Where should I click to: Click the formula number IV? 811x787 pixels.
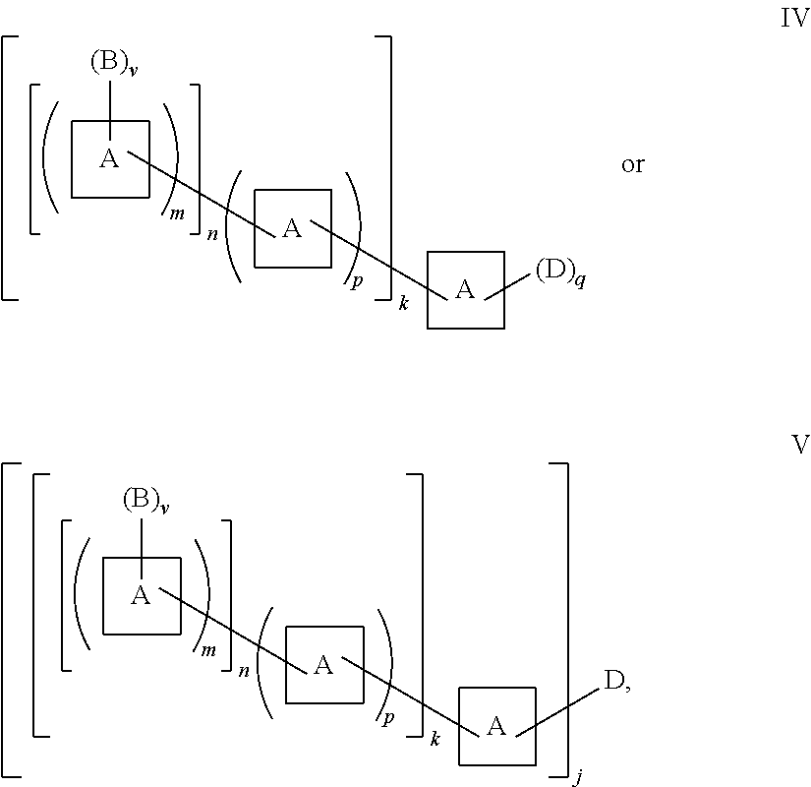click(793, 20)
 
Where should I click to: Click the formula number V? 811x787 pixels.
click(799, 445)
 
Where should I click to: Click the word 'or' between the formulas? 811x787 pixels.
click(632, 165)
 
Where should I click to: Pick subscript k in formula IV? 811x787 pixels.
click(403, 303)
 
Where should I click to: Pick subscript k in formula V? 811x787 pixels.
click(434, 739)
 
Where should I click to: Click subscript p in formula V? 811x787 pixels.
click(388, 716)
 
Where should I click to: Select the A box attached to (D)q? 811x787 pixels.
click(465, 289)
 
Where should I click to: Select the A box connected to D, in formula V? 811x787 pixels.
click(496, 726)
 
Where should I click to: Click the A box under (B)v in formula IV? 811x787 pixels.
click(110, 159)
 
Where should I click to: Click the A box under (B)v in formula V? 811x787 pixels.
click(142, 595)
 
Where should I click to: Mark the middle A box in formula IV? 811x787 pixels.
click(292, 228)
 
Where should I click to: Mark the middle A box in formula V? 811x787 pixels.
click(323, 665)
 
